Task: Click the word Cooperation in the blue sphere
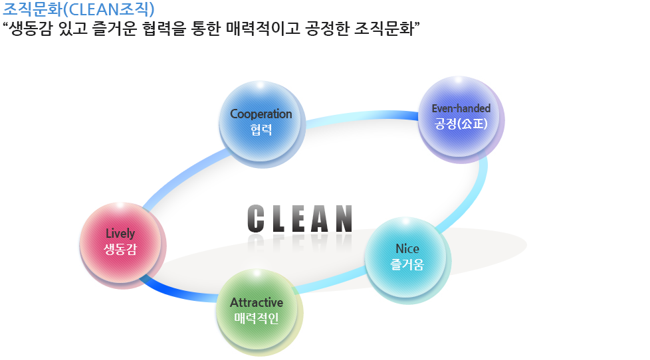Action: (261, 114)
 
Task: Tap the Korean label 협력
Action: (261, 130)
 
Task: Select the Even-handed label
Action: (461, 108)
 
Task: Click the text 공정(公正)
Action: (461, 124)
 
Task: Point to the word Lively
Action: (120, 234)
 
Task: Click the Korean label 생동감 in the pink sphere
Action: (120, 249)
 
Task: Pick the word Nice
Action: (407, 248)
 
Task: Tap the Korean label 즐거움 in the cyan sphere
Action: (407, 264)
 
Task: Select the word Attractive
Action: (257, 302)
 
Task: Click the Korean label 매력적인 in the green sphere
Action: (257, 318)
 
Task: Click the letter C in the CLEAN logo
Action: (256, 219)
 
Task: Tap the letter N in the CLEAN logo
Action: (344, 219)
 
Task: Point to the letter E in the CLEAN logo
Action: (300, 219)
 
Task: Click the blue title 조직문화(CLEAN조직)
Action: (79, 9)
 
